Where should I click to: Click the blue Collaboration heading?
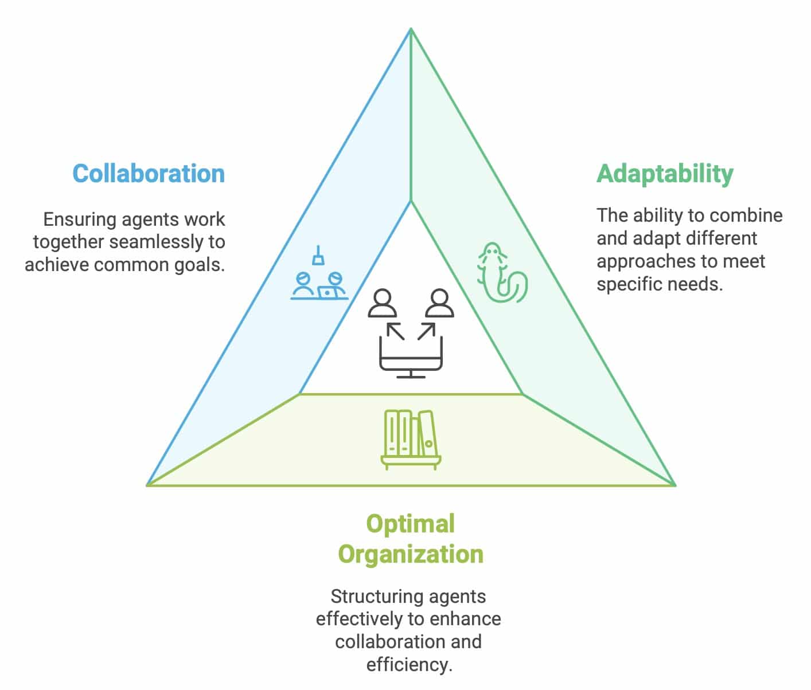[x=149, y=174]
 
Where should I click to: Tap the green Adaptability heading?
[x=665, y=174]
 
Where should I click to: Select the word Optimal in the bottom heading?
[x=411, y=524]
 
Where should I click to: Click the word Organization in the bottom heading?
[x=411, y=554]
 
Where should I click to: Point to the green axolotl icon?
[x=502, y=272]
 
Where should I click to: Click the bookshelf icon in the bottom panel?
[x=411, y=440]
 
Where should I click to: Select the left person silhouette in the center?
[x=382, y=303]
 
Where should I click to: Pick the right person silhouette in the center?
[x=439, y=303]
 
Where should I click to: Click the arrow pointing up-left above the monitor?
[x=396, y=331]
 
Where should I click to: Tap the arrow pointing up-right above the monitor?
[x=427, y=331]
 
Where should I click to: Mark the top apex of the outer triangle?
[x=411, y=28]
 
